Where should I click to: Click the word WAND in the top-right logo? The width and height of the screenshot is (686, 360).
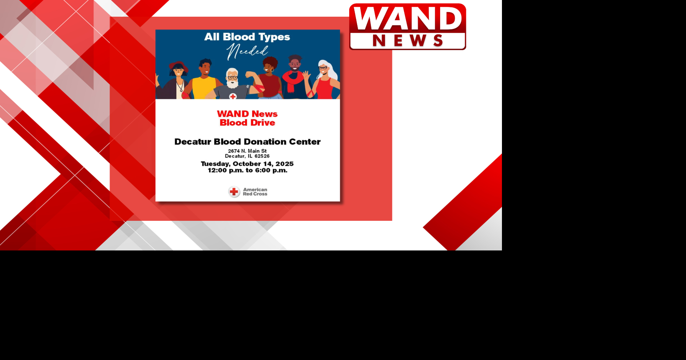[407, 18]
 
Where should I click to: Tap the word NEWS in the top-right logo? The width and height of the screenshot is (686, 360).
[407, 41]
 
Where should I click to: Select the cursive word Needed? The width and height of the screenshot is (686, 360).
[247, 51]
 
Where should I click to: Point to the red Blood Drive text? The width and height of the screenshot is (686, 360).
[248, 123]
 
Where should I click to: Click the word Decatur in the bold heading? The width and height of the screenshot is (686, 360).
[193, 142]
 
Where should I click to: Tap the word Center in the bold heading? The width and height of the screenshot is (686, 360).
[305, 142]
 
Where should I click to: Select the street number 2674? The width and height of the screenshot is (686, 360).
[234, 151]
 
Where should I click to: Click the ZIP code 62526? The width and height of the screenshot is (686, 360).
[262, 156]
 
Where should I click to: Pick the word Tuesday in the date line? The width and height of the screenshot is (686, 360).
[216, 164]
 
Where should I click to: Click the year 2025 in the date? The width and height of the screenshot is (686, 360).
[284, 164]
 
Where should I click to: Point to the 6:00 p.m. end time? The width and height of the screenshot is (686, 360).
[271, 171]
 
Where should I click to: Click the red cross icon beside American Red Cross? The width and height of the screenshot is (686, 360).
[234, 192]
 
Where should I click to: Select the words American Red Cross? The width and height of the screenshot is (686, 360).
[255, 191]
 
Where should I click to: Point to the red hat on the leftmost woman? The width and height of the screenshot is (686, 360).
[178, 66]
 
